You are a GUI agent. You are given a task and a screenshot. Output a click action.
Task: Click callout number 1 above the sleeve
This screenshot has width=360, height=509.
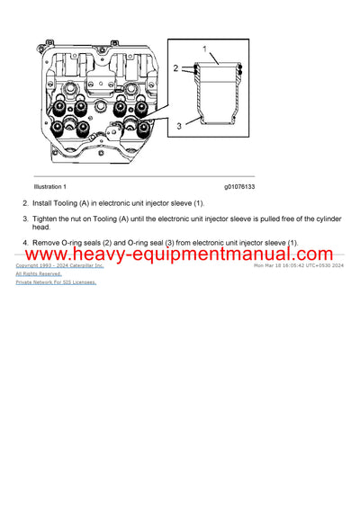click(204, 48)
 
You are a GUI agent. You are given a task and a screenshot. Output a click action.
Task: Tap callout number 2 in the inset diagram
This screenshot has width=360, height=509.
click(176, 68)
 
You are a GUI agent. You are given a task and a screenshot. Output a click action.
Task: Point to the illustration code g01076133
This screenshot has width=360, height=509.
click(239, 186)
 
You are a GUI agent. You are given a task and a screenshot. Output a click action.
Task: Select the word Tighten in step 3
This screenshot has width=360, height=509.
click(48, 219)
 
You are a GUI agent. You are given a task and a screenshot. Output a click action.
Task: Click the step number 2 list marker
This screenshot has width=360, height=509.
click(25, 204)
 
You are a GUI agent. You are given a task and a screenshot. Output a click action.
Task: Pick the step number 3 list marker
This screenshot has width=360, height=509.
click(25, 219)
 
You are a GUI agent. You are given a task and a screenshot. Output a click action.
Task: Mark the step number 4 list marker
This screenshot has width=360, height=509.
click(25, 243)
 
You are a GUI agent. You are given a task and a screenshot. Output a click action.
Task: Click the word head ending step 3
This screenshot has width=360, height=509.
click(41, 228)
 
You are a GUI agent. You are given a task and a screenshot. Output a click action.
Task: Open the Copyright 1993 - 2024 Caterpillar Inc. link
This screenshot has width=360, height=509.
click(59, 266)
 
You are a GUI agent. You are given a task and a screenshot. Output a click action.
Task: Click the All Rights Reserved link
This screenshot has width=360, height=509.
click(39, 273)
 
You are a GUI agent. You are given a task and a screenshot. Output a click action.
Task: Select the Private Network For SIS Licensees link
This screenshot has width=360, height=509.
click(56, 281)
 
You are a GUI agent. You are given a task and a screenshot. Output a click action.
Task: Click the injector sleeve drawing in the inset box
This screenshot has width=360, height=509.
click(216, 94)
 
